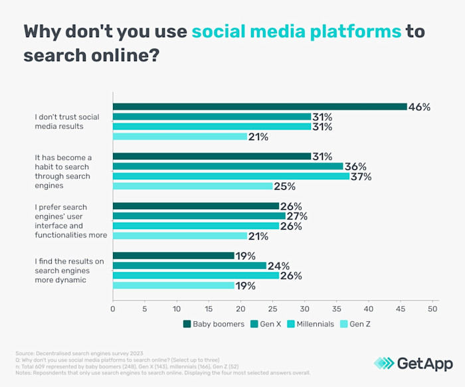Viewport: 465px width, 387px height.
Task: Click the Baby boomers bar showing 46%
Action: click(x=259, y=106)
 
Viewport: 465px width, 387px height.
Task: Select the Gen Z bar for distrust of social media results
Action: click(x=179, y=137)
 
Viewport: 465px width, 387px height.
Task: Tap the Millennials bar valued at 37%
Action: click(x=231, y=176)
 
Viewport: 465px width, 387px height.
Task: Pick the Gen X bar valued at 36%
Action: click(x=227, y=166)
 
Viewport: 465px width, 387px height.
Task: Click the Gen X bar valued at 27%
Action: click(x=199, y=216)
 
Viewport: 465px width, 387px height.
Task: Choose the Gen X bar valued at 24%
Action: click(x=189, y=266)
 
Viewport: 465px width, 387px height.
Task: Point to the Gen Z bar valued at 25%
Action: click(x=193, y=186)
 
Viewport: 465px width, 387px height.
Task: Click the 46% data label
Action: click(x=419, y=107)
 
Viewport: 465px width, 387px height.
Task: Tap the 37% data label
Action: click(x=361, y=177)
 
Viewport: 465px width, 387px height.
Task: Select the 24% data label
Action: click(x=278, y=266)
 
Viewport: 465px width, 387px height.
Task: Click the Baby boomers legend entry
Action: click(x=212, y=324)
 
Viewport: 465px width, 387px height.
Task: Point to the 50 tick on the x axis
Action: click(x=432, y=309)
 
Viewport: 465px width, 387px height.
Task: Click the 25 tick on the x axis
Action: click(x=272, y=309)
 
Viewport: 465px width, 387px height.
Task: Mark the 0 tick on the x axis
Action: click(x=113, y=309)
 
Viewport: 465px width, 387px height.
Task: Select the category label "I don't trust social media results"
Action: click(x=67, y=121)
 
